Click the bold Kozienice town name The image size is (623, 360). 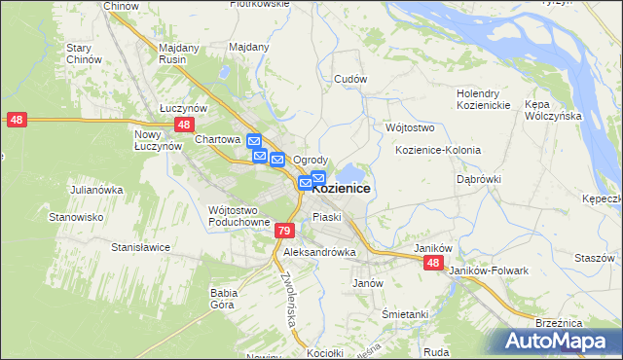coord(341,188)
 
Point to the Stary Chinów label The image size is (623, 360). coord(85,54)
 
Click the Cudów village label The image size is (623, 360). coord(349,78)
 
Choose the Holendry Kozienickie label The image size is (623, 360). coord(484,99)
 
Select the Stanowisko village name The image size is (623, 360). coord(77,217)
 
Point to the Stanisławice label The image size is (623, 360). coord(141,247)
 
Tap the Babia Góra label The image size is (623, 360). coord(224,297)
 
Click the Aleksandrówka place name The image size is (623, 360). coord(319,251)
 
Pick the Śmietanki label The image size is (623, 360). coord(405,314)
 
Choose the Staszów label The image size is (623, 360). coord(594,258)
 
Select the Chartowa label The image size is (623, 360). coord(217,139)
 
